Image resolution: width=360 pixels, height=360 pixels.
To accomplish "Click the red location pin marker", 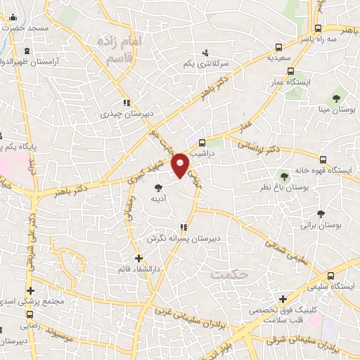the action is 182,165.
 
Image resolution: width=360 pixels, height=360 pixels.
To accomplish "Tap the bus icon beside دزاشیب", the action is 203,140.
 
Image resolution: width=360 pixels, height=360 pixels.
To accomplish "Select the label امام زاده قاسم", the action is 120,50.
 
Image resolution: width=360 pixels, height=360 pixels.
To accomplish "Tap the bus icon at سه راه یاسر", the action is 319,29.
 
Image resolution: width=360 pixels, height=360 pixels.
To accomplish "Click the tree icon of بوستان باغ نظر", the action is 284,176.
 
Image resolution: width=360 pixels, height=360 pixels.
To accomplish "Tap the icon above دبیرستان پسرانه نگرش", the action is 184,227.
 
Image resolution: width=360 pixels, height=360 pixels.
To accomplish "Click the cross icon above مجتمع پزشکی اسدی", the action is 30,290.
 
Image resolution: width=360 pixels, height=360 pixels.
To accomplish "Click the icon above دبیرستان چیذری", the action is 127,102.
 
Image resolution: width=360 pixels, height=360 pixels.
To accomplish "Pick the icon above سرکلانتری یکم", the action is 205,52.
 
